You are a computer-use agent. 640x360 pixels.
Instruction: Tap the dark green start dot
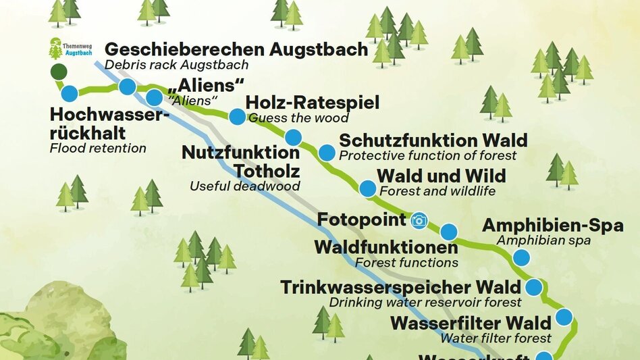coord(59,72)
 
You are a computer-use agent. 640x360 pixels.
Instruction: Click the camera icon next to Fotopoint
coord(419,220)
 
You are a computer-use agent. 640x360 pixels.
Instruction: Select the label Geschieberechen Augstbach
coord(236,49)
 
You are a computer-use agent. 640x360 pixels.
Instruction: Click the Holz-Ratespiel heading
coord(313,103)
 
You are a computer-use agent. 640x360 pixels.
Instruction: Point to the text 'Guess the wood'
coord(298,118)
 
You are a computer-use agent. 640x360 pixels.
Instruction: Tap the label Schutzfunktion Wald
coord(433,140)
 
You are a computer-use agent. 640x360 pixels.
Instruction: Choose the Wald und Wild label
coord(441,176)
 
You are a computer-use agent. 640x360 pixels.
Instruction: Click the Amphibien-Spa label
coord(552,226)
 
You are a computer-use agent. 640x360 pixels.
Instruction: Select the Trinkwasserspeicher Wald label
coord(400,287)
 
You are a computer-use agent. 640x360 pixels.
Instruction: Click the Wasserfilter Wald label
coord(471,322)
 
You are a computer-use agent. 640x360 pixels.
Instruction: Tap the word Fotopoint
coord(362,220)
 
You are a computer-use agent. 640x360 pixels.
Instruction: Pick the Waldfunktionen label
coord(386,247)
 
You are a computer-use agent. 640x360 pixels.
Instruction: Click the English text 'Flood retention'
coord(98,148)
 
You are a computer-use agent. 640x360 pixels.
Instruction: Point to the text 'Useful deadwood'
coord(244,186)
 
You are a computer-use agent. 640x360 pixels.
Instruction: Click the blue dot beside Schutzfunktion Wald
coord(326,153)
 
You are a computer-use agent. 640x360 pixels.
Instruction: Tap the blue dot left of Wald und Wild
coord(367,188)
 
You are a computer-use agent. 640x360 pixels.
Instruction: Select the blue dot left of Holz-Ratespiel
coord(237,116)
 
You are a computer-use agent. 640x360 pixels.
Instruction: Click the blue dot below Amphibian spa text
coord(521,257)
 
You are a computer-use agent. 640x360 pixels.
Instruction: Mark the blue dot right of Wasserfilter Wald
coord(563,317)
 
